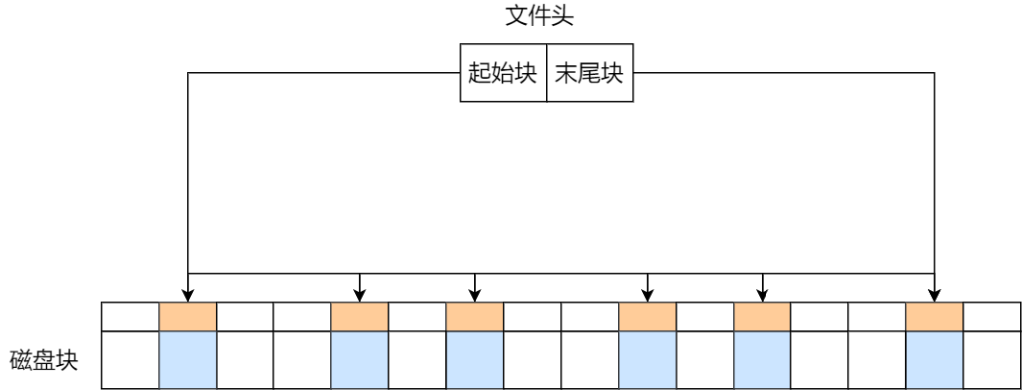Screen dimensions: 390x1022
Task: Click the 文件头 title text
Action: (540, 17)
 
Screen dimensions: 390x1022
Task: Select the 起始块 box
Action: (503, 73)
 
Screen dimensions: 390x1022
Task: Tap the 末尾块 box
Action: (589, 73)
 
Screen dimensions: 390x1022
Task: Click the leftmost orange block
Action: (188, 316)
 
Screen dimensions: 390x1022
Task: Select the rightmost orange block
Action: (934, 316)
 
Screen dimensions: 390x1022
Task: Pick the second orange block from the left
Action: (359, 316)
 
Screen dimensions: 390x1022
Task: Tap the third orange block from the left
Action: (474, 316)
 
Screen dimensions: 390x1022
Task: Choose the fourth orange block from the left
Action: (647, 316)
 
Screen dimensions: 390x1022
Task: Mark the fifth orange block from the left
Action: (762, 316)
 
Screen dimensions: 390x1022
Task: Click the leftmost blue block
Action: (188, 359)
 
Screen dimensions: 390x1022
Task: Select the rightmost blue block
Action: (934, 359)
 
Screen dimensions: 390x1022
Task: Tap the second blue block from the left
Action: (359, 359)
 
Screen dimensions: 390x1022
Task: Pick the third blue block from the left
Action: (474, 359)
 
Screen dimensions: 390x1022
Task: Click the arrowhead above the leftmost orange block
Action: (188, 294)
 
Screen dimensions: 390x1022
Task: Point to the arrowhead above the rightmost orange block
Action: (934, 294)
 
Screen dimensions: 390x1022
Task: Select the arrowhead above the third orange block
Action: (474, 294)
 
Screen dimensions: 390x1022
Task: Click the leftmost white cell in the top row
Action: (130, 316)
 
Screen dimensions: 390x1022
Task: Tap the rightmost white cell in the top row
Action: (992, 316)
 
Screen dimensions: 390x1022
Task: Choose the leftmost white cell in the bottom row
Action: (130, 359)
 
